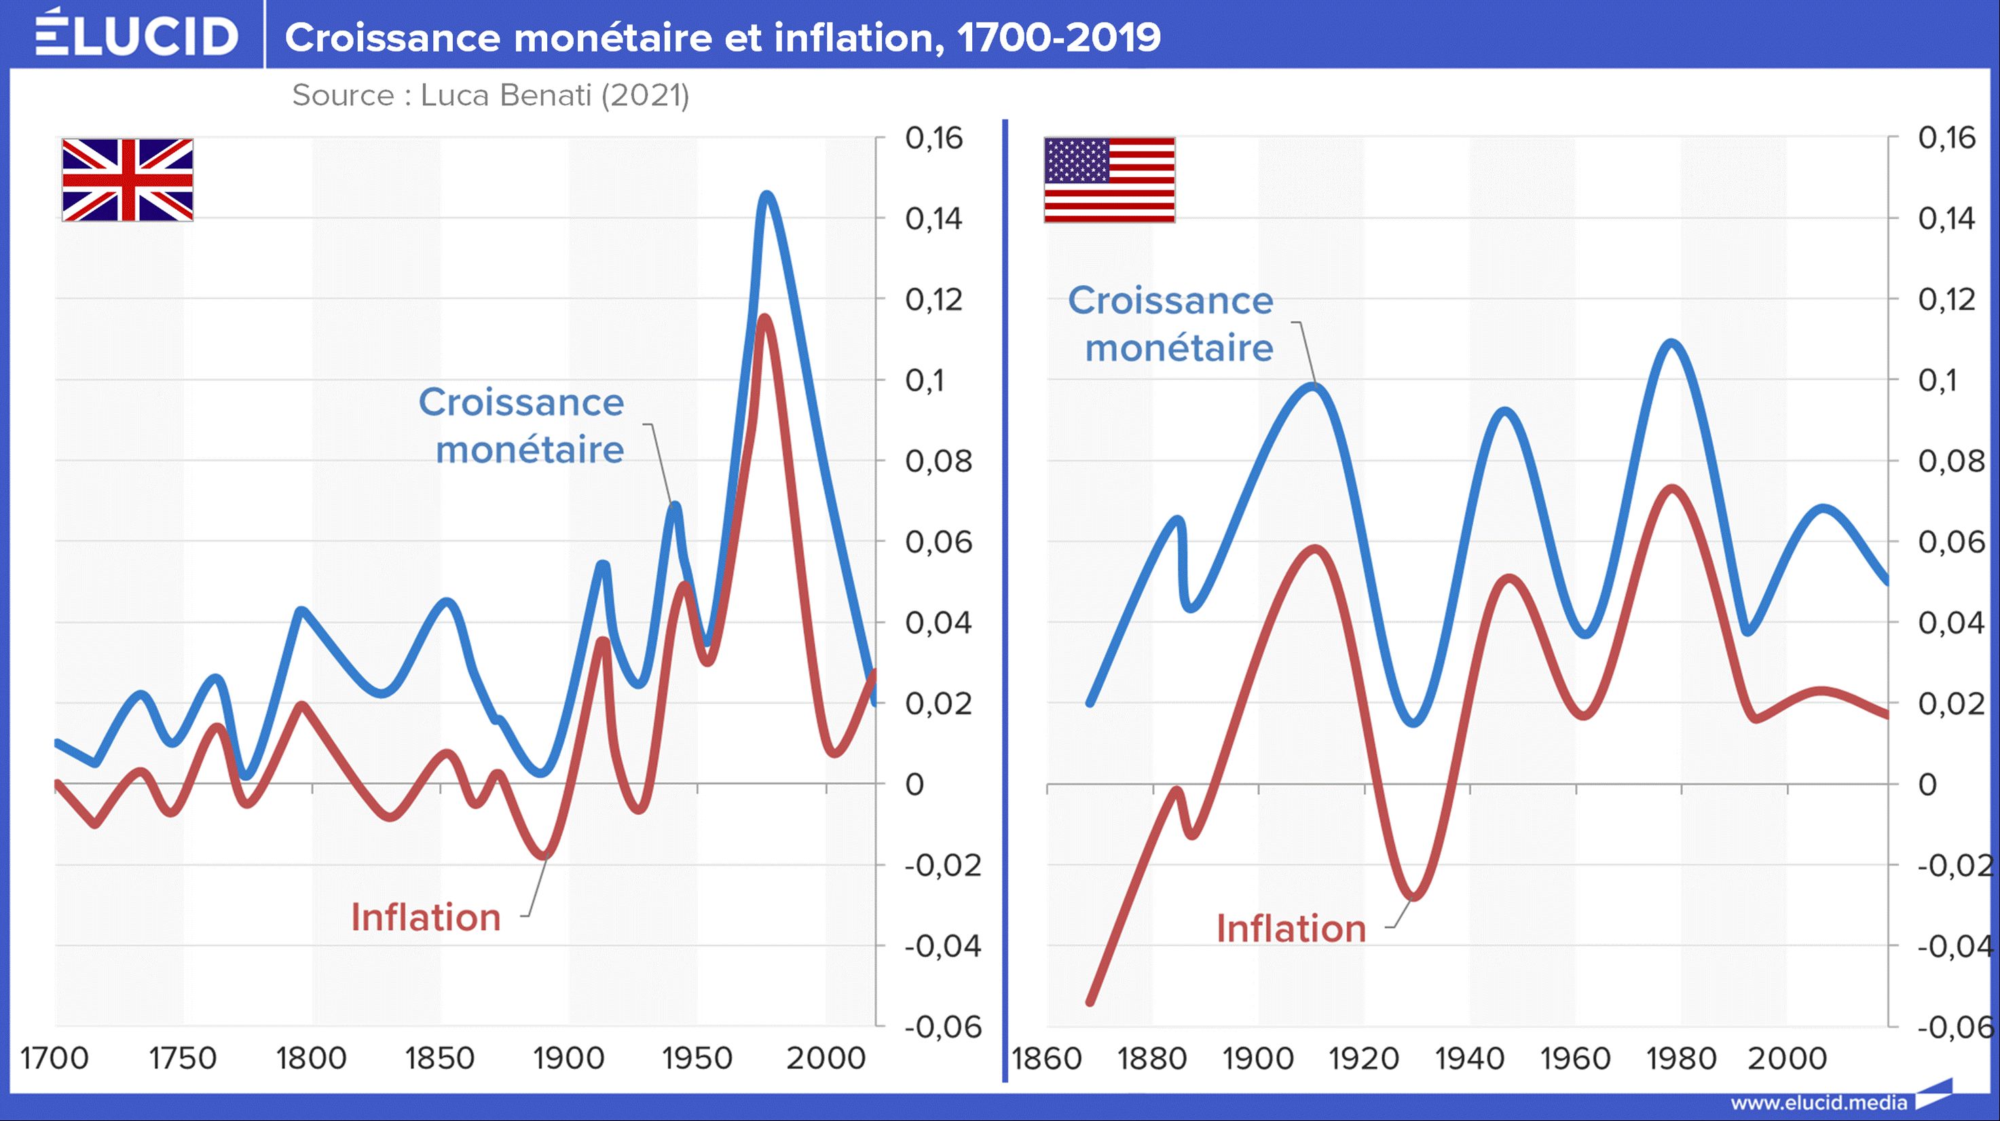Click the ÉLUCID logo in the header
[x=136, y=34]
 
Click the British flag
[x=128, y=180]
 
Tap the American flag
[x=1109, y=180]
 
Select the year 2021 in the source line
[x=644, y=96]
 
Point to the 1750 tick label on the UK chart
[x=183, y=1058]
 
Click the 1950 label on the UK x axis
[x=697, y=1058]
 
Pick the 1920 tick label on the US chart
[x=1363, y=1058]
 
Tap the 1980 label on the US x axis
[x=1682, y=1058]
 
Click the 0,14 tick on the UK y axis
[x=933, y=219]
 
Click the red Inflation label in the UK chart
[x=426, y=917]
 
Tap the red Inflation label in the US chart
[x=1291, y=928]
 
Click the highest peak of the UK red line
[x=764, y=318]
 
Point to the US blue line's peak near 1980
[x=1672, y=343]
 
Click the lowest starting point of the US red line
[x=1090, y=1001]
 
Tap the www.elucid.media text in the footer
[x=1818, y=1103]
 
